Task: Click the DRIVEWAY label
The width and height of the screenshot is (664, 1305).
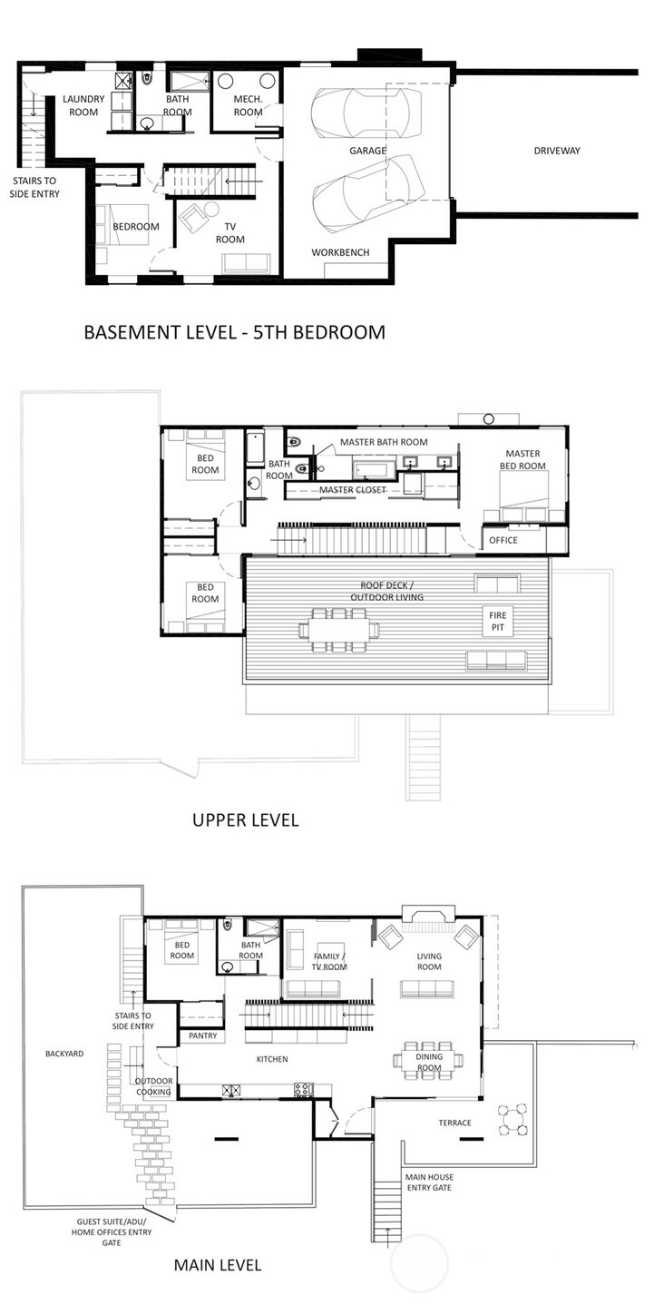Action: (x=556, y=151)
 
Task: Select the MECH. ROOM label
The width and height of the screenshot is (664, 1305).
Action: (x=248, y=105)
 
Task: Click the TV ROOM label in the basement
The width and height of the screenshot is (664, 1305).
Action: (x=229, y=233)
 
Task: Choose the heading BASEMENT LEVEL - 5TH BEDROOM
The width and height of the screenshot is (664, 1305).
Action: (x=234, y=332)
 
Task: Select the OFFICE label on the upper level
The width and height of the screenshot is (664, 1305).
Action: (x=503, y=540)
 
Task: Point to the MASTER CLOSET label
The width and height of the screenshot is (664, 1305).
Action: (x=353, y=490)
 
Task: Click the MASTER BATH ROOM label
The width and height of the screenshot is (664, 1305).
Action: (x=384, y=442)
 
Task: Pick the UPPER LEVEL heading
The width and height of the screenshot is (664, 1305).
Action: (x=245, y=820)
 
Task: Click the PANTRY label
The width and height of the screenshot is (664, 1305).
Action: (x=200, y=1035)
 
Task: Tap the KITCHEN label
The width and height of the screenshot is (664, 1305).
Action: (x=272, y=1059)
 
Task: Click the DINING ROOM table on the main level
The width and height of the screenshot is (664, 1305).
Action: (x=428, y=1059)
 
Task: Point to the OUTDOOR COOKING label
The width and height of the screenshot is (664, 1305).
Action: (x=153, y=1086)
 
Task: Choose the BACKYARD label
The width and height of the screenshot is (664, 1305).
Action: (x=64, y=1054)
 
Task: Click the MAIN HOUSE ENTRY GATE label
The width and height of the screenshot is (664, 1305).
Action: (x=429, y=1182)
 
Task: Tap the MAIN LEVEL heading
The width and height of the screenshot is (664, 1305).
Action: (x=217, y=1265)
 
